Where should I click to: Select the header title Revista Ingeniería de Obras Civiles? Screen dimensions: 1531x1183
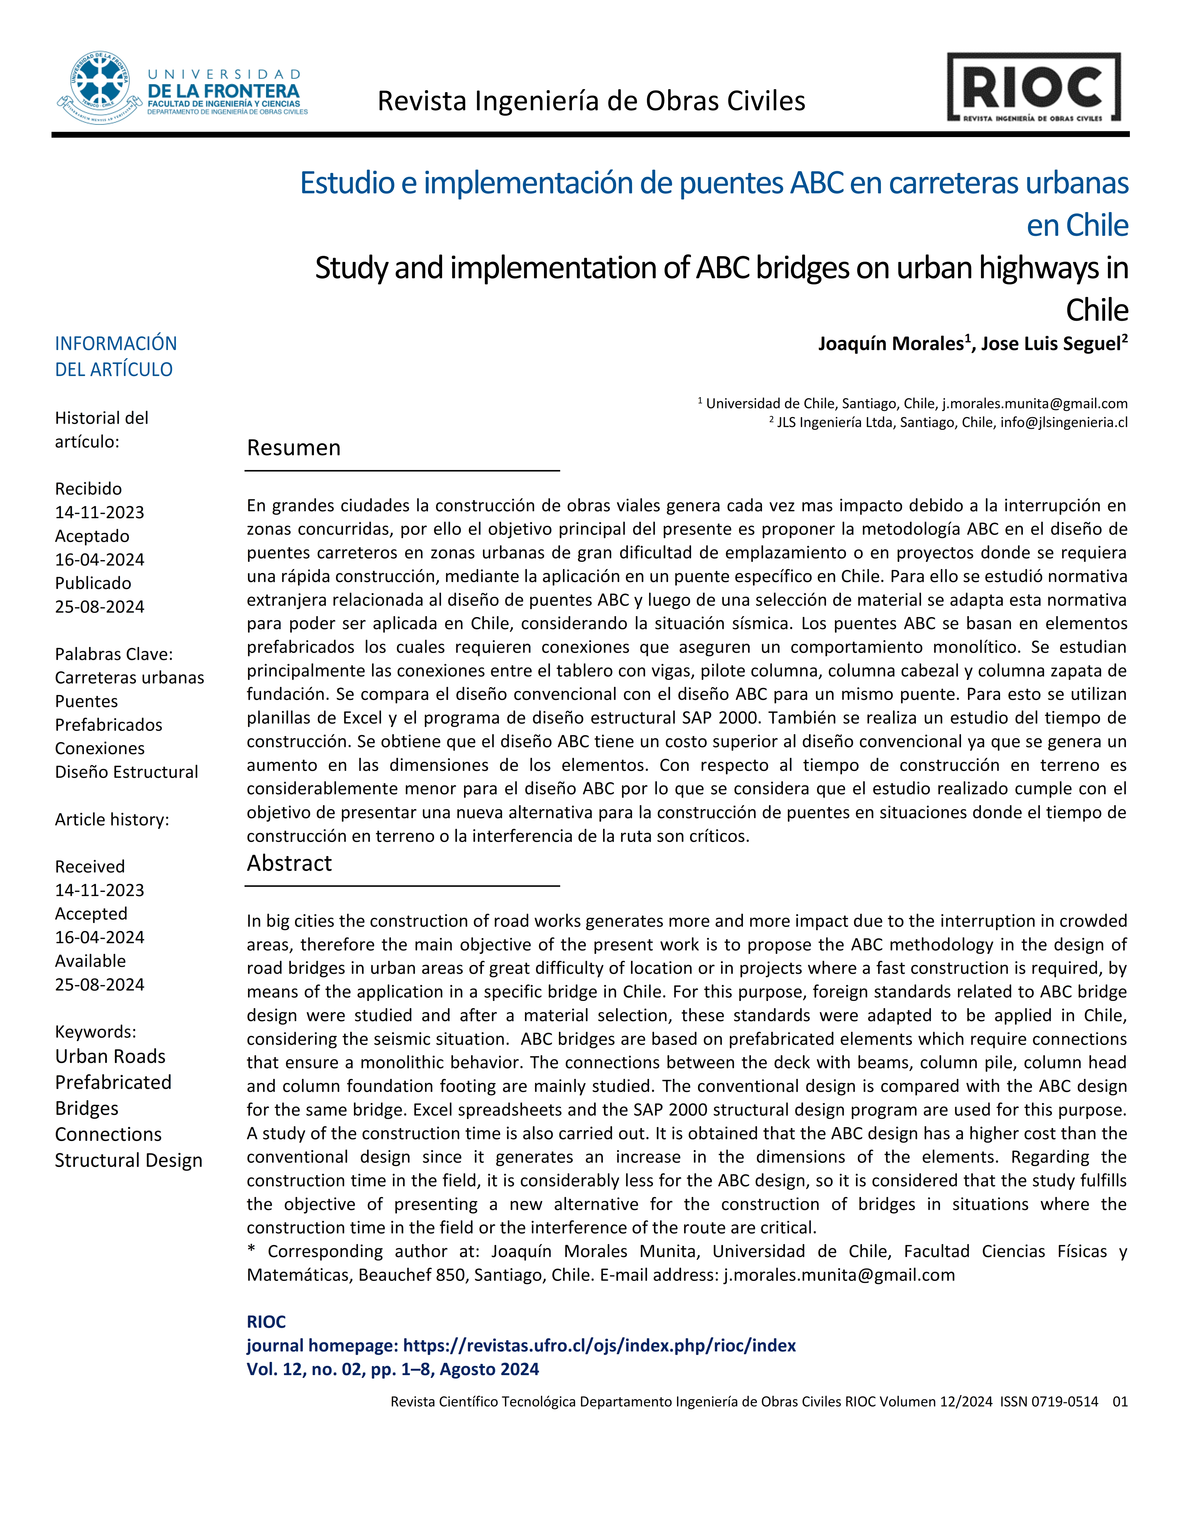tap(591, 102)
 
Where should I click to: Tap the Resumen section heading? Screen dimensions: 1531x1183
tap(294, 448)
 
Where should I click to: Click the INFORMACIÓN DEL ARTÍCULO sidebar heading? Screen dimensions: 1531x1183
tap(116, 356)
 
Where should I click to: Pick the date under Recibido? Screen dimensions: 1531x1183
tap(100, 512)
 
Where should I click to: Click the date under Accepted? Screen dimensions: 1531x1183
tap(100, 937)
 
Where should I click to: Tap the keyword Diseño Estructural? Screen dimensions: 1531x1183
tap(126, 772)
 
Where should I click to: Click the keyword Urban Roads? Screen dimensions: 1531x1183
tap(110, 1056)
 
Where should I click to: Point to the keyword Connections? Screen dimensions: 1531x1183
tap(108, 1134)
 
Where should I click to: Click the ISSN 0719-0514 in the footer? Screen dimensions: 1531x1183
tap(1049, 1401)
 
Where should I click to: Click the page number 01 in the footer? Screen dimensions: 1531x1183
tap(1120, 1401)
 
